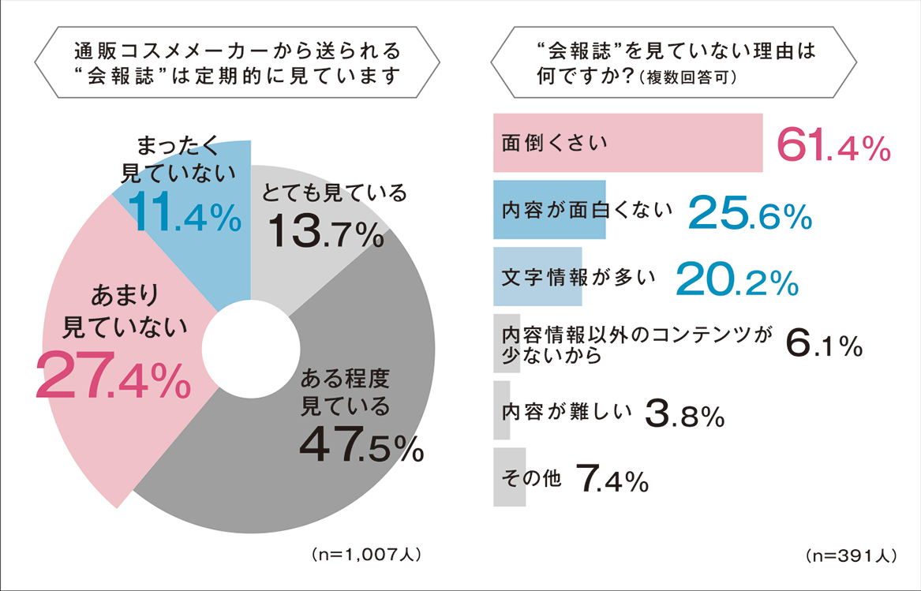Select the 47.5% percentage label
pos(361,447)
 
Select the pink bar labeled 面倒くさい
pos(627,143)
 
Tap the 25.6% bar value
pos(749,213)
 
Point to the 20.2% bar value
pos(735,278)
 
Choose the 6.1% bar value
pos(823,344)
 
